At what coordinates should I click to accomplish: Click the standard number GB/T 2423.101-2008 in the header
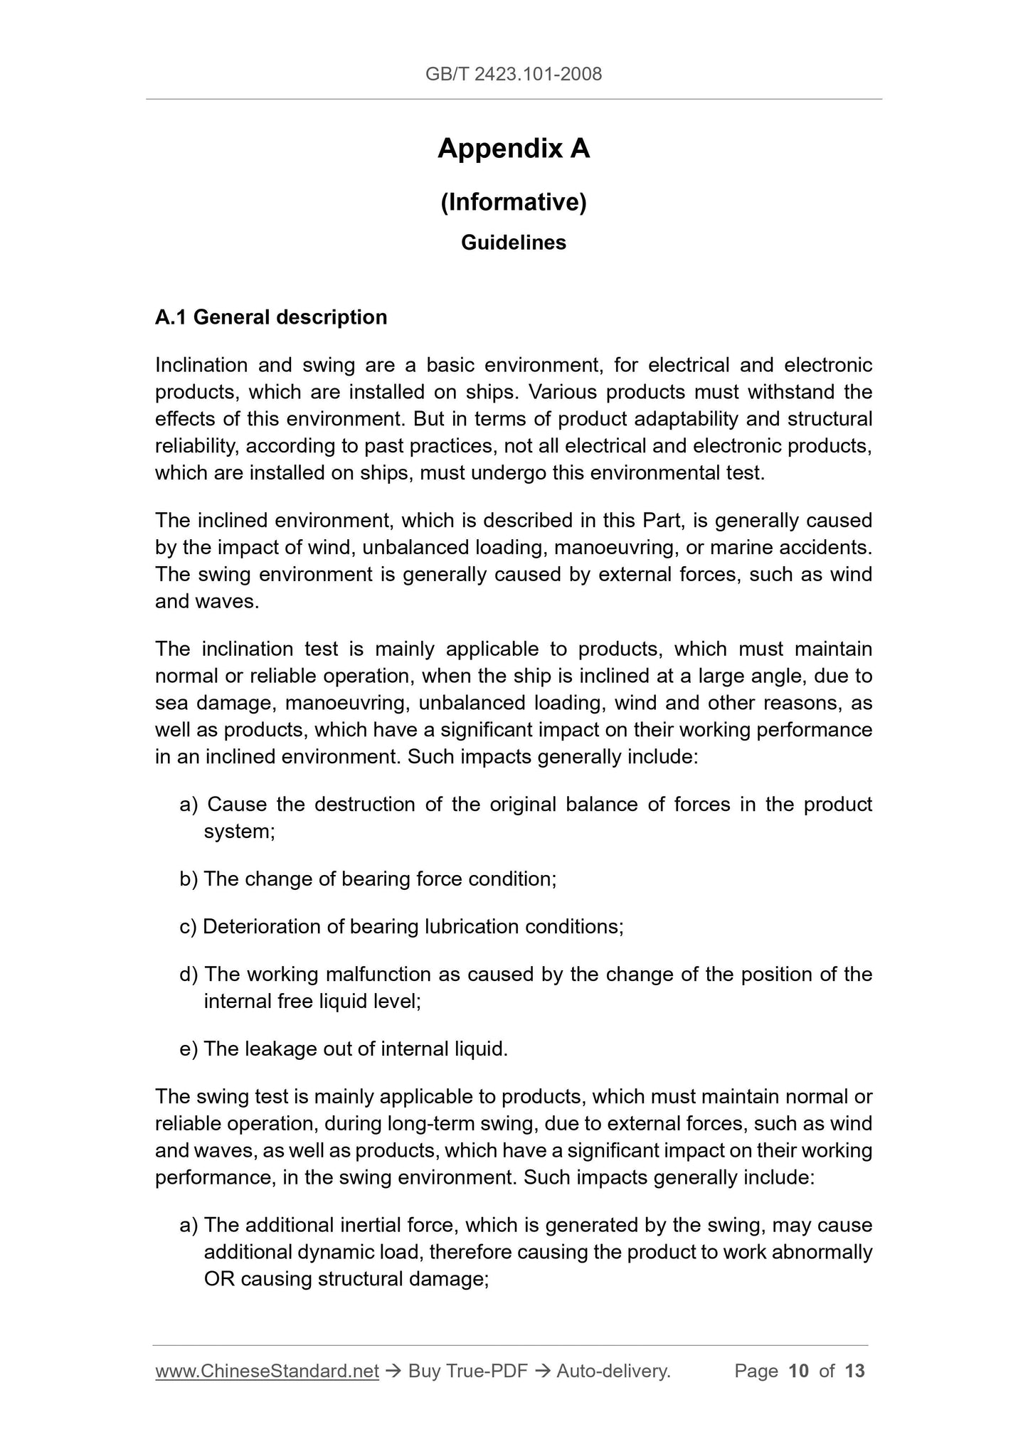click(x=513, y=74)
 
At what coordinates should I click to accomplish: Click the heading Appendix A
click(x=514, y=149)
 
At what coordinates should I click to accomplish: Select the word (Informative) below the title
click(x=514, y=203)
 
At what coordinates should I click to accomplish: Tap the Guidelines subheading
click(x=514, y=243)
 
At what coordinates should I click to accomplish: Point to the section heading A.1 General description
click(x=271, y=317)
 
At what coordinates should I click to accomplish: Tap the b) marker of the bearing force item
click(x=189, y=879)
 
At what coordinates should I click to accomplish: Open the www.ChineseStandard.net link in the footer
click(x=267, y=1371)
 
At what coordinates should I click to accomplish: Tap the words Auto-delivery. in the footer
click(x=613, y=1371)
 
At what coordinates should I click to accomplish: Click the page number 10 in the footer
click(x=799, y=1371)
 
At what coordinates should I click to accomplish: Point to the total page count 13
click(x=854, y=1371)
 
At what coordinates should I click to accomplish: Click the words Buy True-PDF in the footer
click(x=467, y=1371)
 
